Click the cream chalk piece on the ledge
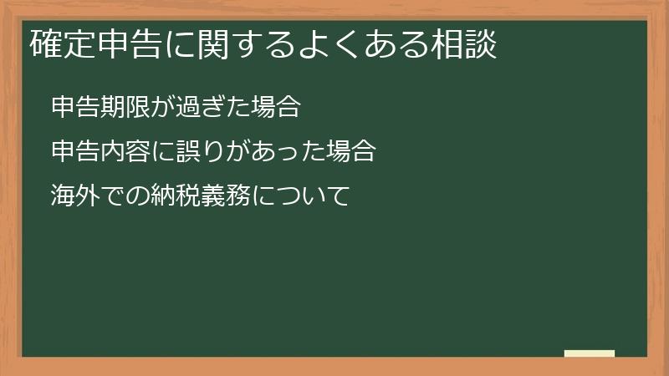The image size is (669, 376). pyautogui.click(x=590, y=353)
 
